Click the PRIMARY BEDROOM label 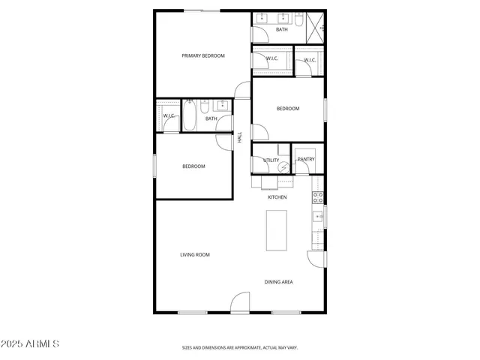click(x=203, y=56)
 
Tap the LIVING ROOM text click(x=194, y=255)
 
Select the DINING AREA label click(x=278, y=282)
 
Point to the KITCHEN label click(x=277, y=197)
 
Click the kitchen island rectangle click(x=277, y=230)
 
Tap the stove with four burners click(x=317, y=198)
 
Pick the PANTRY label click(x=306, y=159)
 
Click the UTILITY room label click(x=271, y=160)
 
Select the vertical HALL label click(x=240, y=138)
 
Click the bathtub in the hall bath click(x=190, y=116)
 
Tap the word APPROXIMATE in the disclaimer click(x=245, y=348)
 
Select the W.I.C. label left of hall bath click(x=169, y=115)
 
